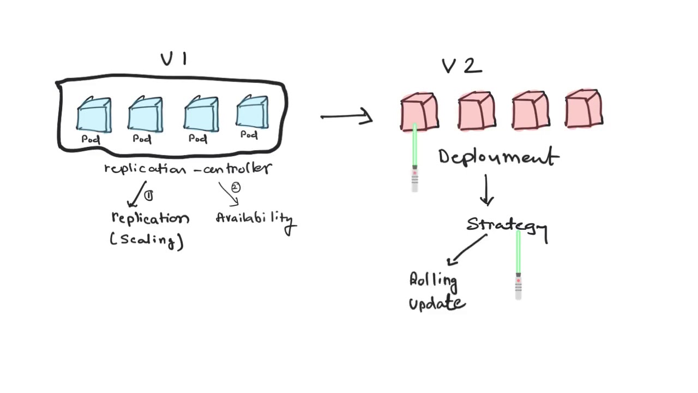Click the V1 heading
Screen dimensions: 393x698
click(174, 59)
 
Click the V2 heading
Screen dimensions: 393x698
click(461, 66)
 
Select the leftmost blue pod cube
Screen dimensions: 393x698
click(94, 115)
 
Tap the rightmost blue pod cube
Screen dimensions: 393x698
click(252, 112)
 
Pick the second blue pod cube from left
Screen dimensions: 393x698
click(145, 115)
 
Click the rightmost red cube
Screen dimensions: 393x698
click(583, 109)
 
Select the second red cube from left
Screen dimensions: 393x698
click(477, 111)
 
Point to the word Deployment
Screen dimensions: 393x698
click(498, 157)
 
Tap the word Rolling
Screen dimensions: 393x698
click(434, 281)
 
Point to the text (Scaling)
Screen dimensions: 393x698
click(147, 240)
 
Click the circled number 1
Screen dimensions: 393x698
click(149, 195)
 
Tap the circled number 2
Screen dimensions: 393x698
click(236, 188)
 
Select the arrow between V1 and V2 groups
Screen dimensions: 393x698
click(347, 116)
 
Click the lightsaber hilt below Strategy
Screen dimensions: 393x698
click(518, 286)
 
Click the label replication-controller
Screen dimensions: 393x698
click(188, 168)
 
